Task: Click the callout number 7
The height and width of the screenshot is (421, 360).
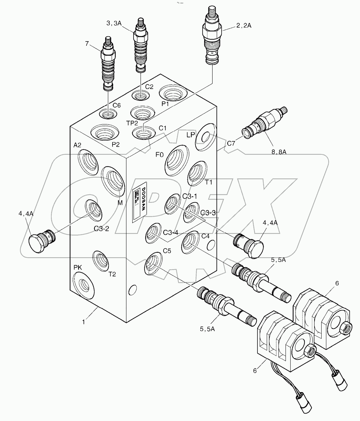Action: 87,44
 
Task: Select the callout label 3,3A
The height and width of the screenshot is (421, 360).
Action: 115,23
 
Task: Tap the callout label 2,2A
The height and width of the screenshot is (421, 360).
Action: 244,25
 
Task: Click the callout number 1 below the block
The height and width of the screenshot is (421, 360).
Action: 84,322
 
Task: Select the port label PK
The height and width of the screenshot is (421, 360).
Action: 78,267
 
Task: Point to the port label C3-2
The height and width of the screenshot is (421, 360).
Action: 102,229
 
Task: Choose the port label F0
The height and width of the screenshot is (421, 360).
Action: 159,155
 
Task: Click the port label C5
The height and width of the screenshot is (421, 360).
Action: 167,251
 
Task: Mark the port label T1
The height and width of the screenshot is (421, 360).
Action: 209,182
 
